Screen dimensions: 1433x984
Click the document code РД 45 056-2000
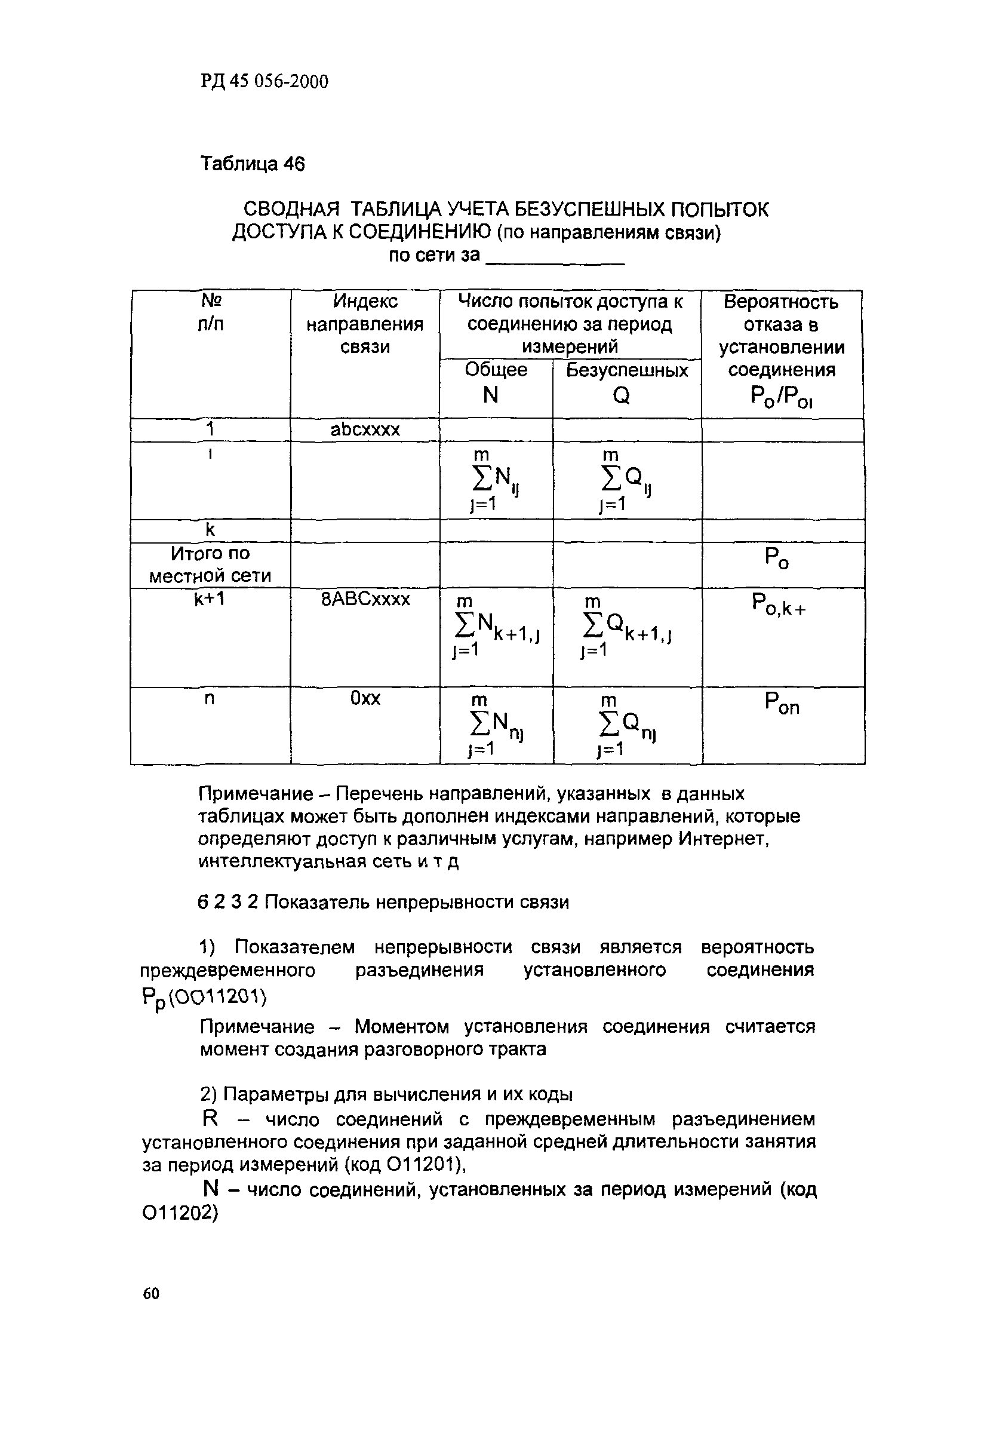pos(265,81)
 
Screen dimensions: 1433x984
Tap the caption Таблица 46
pos(252,164)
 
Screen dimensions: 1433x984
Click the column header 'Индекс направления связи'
pos(364,324)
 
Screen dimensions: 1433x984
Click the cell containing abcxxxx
pos(365,429)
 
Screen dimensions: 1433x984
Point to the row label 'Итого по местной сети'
pos(210,565)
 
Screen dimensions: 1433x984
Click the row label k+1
pos(210,599)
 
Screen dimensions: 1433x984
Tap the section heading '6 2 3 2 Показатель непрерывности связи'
pos(383,902)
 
